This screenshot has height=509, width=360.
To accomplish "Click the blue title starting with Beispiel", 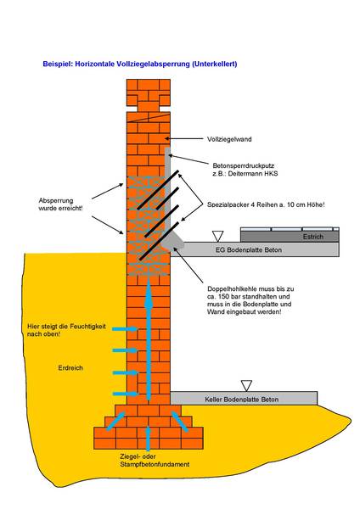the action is coord(140,64).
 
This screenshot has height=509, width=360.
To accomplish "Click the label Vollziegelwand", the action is coord(229,139).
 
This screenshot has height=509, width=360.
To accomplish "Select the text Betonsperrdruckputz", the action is coord(244,165).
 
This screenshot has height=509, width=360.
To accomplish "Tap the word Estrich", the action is coord(313,237).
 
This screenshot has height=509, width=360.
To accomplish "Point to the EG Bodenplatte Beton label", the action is coord(249,250).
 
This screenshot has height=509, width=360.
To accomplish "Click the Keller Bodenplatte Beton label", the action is coord(241,400).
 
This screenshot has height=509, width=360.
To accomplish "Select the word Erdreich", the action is coord(70,368).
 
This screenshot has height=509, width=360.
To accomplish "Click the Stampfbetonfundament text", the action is coord(155,464).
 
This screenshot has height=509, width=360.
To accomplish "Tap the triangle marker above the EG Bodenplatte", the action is coord(217,236).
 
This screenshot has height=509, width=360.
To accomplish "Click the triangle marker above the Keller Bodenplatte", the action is coord(246,386).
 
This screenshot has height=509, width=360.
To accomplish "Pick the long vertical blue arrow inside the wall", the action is coord(149,339).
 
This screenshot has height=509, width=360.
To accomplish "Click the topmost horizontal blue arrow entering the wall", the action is coord(125,329).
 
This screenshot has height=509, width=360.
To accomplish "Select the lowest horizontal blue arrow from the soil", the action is coord(125,394).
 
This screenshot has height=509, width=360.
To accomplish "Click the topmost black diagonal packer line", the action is coord(158,189).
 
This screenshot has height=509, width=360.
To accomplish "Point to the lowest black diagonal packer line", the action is coord(159,241).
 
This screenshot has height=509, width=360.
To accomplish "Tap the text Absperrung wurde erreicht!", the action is coord(60,204).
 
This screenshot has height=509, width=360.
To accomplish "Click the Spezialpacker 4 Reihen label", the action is coord(266,204).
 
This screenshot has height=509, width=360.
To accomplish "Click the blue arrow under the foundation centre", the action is coord(148,439).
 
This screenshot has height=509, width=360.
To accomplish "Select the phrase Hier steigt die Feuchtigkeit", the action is coord(66,327).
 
